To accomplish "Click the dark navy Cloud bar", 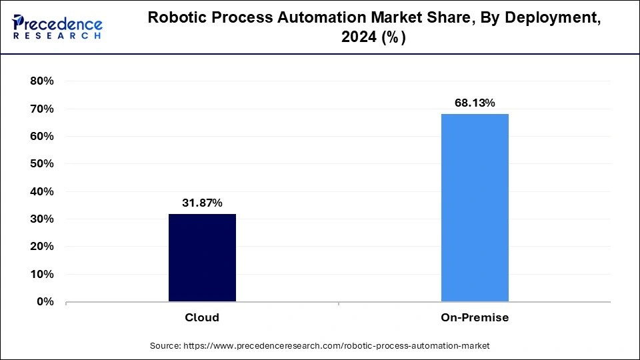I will click(202, 257).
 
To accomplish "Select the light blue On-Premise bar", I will click(475, 207).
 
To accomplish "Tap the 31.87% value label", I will click(202, 203).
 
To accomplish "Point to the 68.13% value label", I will click(475, 103).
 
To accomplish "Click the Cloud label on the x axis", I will click(202, 317).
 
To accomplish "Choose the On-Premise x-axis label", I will click(475, 317).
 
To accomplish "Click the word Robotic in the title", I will click(176, 18).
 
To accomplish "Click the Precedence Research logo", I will click(57, 27).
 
